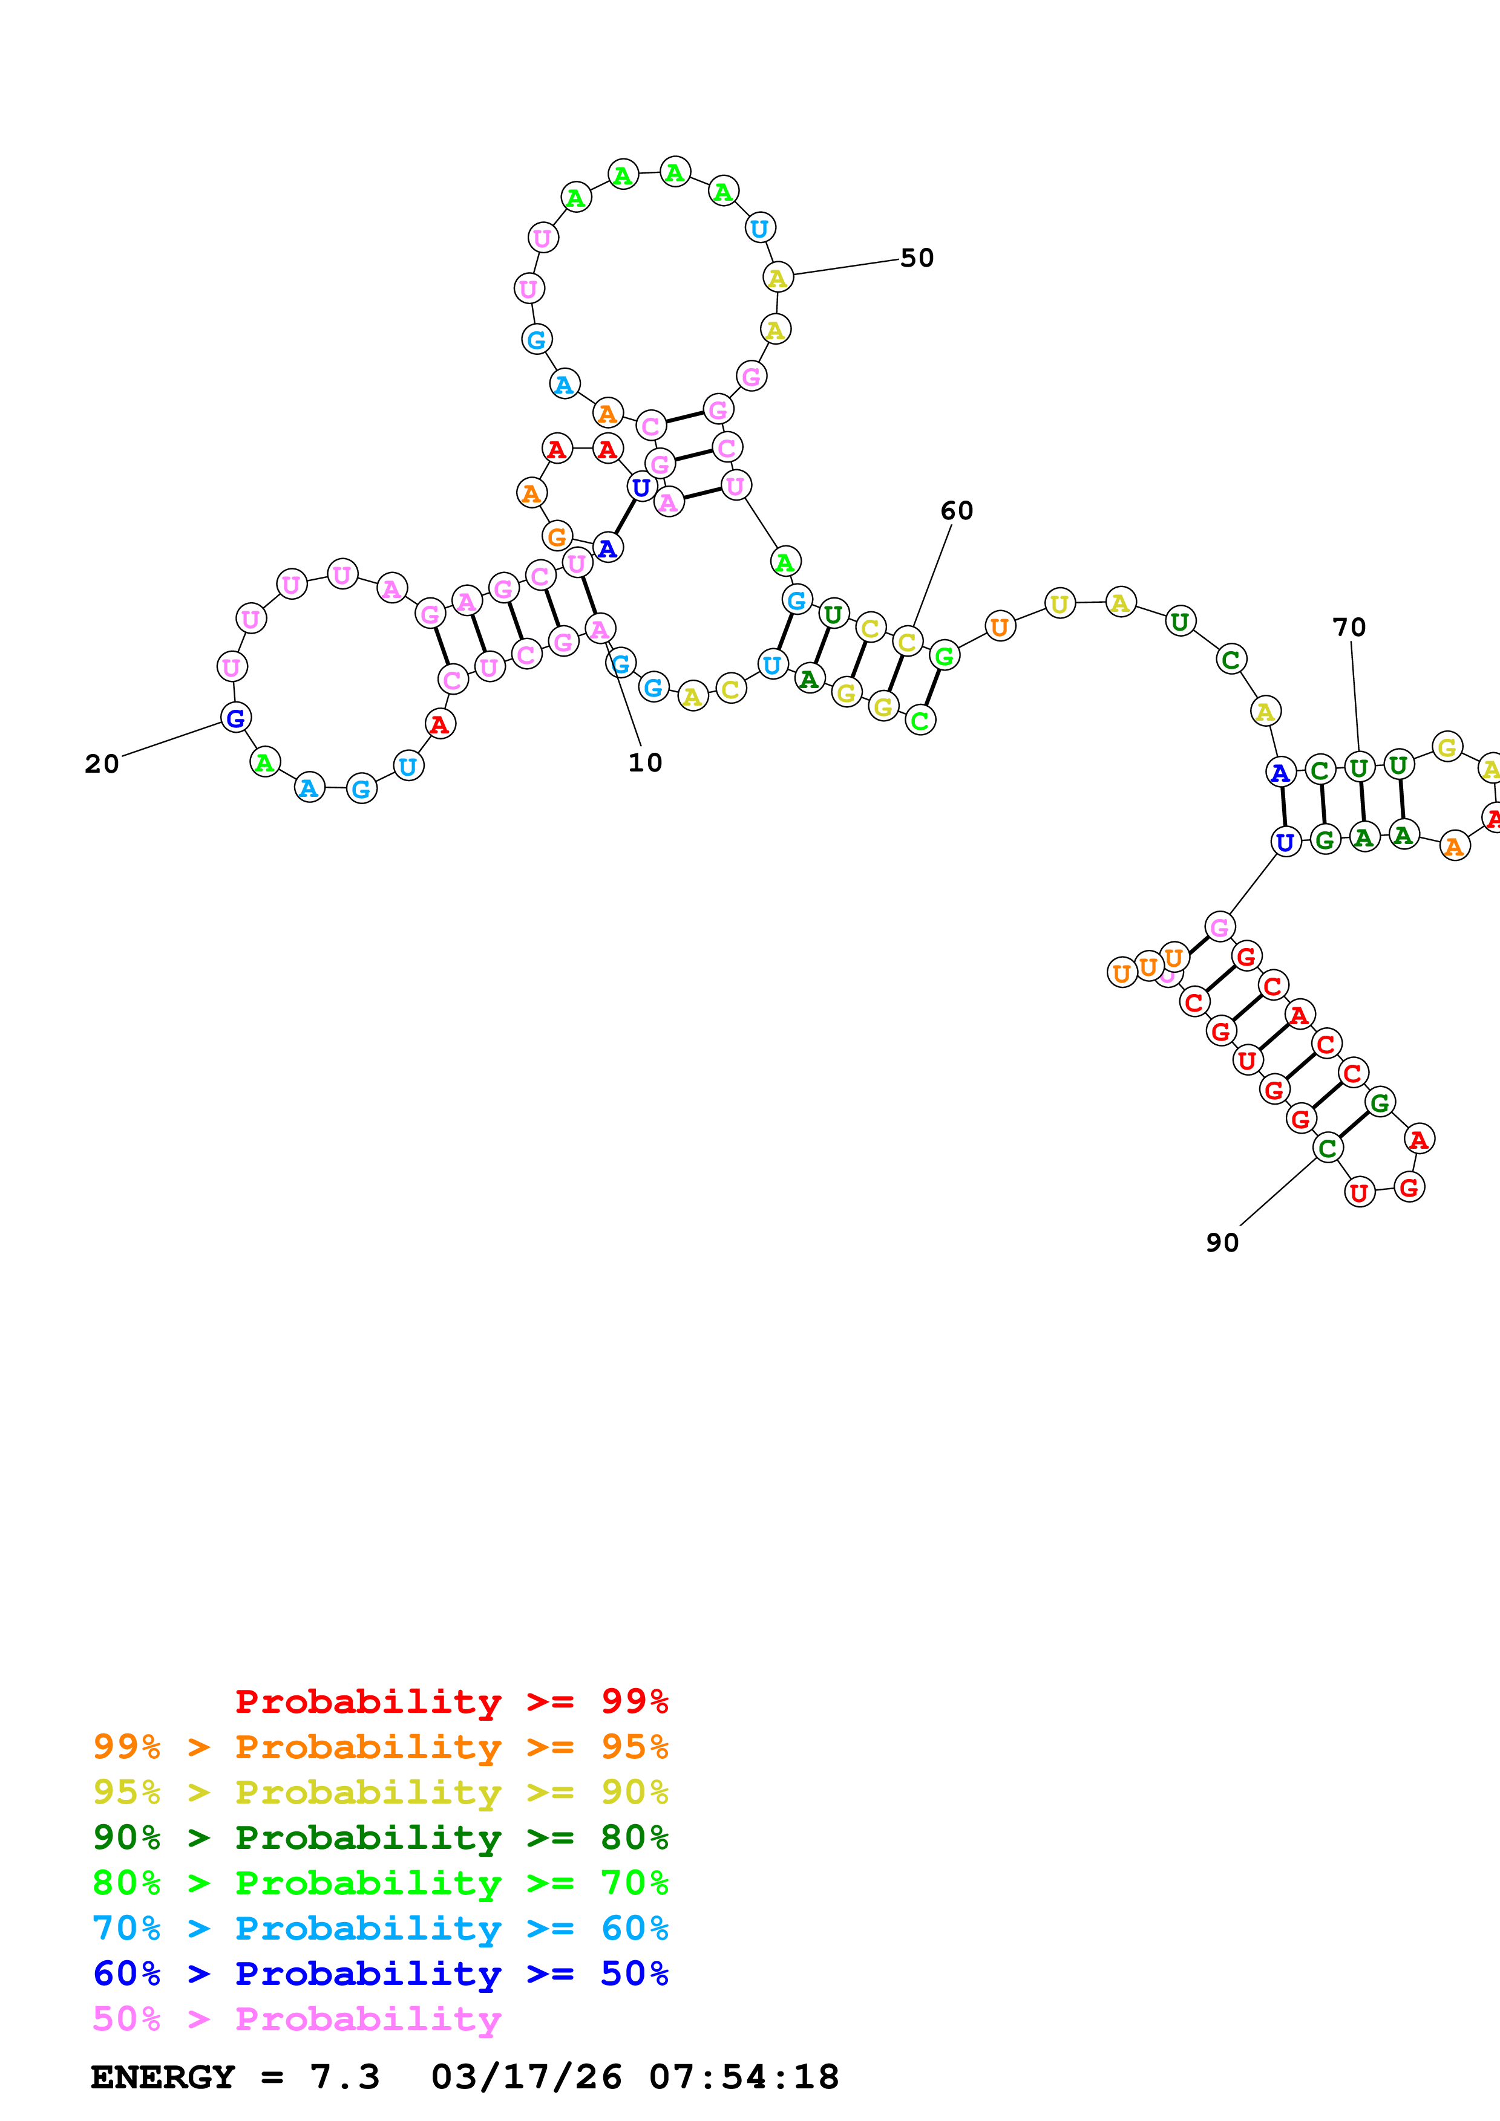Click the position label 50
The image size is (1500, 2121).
tap(916, 258)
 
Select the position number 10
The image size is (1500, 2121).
tap(645, 763)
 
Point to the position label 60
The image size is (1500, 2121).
tap(957, 511)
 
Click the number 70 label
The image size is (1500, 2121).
tap(1349, 627)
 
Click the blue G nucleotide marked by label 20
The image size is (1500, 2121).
tap(235, 718)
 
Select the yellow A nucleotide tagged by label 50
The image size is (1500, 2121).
tap(778, 277)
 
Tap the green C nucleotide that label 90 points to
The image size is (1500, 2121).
tap(1327, 1148)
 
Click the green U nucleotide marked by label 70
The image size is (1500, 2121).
tap(1358, 768)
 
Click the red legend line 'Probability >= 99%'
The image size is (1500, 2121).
tap(451, 1701)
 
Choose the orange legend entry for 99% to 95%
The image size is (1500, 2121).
tap(380, 1746)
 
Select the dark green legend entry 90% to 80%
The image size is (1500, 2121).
tap(380, 1837)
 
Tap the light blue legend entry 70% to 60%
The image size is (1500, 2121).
tap(380, 1928)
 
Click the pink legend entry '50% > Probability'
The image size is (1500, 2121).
tap(296, 2018)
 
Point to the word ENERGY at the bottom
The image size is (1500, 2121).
tap(163, 2077)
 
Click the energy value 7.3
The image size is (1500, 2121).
tap(344, 2077)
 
